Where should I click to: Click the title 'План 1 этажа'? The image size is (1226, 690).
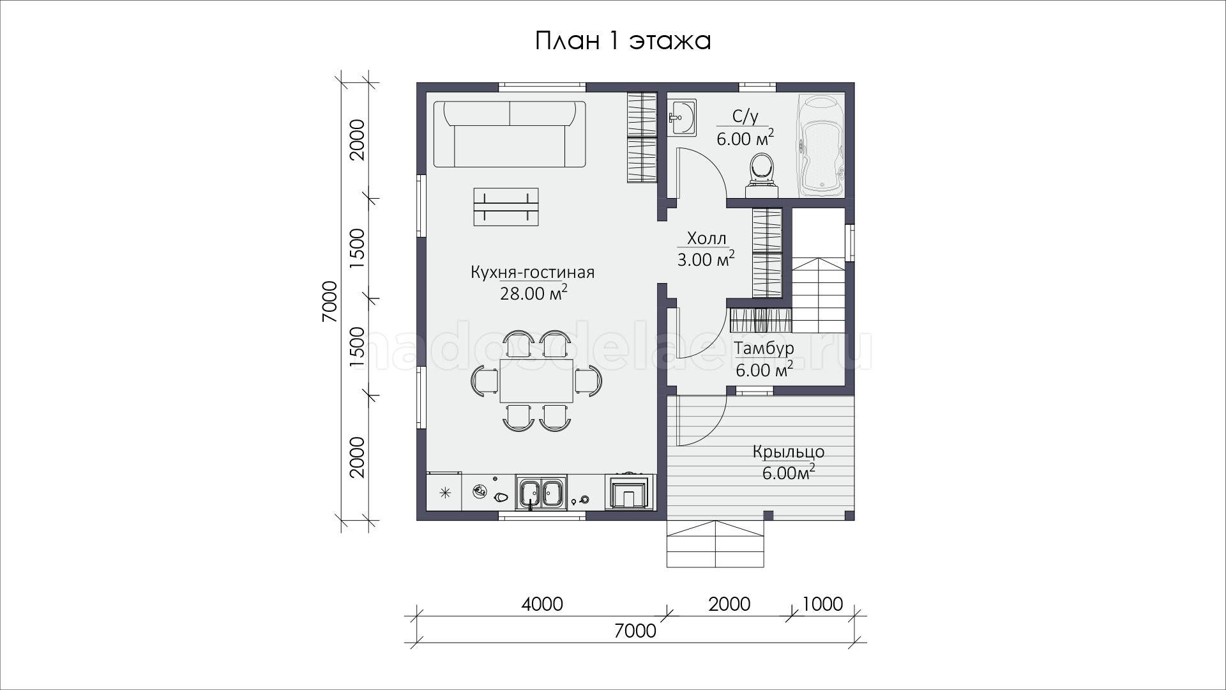pyautogui.click(x=623, y=41)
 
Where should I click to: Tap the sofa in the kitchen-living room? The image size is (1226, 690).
pyautogui.click(x=510, y=134)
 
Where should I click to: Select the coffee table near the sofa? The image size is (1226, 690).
pyautogui.click(x=506, y=206)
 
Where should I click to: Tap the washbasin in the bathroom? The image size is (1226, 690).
pyautogui.click(x=682, y=118)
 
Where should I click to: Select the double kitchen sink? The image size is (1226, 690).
pyautogui.click(x=541, y=493)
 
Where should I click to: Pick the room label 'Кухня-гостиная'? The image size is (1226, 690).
pyautogui.click(x=533, y=273)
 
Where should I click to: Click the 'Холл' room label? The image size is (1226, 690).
pyautogui.click(x=706, y=239)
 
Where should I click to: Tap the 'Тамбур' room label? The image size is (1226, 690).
pyautogui.click(x=764, y=348)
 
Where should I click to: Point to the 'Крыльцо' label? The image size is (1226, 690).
pyautogui.click(x=788, y=452)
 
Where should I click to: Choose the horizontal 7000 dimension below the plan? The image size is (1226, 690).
pyautogui.click(x=635, y=631)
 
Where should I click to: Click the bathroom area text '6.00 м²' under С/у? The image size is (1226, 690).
pyautogui.click(x=745, y=137)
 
